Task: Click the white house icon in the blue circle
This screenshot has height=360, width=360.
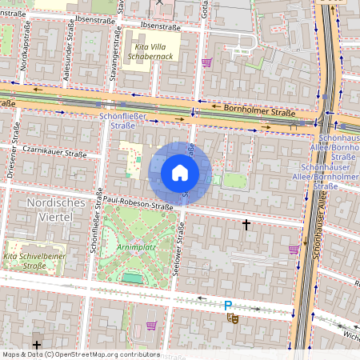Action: (x=180, y=172)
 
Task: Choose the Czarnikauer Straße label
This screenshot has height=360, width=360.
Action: (x=54, y=149)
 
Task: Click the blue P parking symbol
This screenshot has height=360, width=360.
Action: (x=228, y=305)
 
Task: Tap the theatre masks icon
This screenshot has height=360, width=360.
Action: (x=233, y=318)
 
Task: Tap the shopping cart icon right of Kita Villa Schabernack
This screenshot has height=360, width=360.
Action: (x=206, y=62)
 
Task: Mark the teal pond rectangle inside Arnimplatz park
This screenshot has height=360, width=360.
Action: (x=130, y=277)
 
